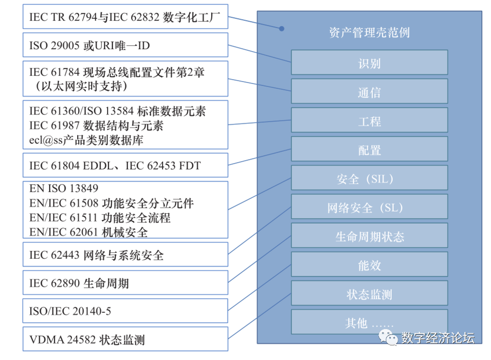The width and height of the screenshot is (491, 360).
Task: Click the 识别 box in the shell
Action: click(x=369, y=62)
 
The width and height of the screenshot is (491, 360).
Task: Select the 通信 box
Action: click(x=369, y=91)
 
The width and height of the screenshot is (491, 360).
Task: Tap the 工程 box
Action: click(x=369, y=120)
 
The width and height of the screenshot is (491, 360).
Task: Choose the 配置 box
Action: click(x=369, y=149)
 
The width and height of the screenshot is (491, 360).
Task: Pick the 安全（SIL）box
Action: click(x=369, y=178)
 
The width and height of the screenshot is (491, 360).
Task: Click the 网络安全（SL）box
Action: click(x=369, y=207)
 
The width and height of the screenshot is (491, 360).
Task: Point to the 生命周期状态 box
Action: click(x=369, y=236)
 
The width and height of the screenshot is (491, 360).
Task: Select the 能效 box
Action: click(x=369, y=265)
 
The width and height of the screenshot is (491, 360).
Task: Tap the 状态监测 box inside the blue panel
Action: click(x=369, y=294)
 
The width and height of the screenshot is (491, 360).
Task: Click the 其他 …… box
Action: click(x=369, y=323)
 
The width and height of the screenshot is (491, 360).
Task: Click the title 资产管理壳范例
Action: click(x=369, y=32)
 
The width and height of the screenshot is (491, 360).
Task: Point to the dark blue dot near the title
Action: click(x=282, y=28)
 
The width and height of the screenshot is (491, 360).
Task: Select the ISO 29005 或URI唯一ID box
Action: click(x=125, y=45)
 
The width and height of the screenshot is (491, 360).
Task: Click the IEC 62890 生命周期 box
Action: click(x=125, y=283)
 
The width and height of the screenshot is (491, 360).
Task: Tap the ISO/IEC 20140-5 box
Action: click(x=125, y=311)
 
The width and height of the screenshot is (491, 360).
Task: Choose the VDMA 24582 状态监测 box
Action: click(x=125, y=339)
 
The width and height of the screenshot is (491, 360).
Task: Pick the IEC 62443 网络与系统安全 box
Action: click(x=125, y=254)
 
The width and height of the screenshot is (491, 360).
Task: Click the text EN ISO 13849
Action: click(x=64, y=188)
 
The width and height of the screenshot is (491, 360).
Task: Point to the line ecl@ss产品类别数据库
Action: click(x=86, y=140)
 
